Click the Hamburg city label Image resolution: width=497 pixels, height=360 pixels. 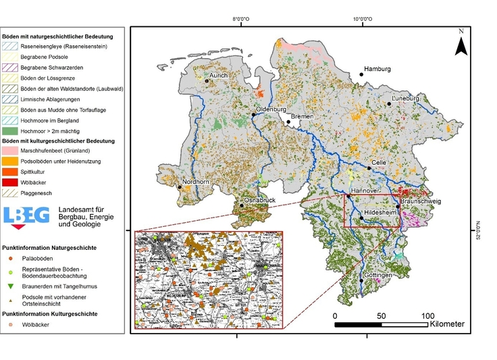coord(377,70)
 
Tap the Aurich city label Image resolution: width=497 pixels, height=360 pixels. coord(218,75)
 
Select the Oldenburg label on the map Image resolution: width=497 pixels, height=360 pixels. coord(271,109)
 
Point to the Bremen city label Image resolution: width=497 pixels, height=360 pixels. coord(302,117)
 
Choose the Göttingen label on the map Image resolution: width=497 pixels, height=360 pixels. coord(377,276)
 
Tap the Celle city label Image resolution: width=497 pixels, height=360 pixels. coord(380,162)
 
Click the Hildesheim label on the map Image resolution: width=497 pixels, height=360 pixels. coord(380,211)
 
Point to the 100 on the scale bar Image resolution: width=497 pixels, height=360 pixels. coord(427,316)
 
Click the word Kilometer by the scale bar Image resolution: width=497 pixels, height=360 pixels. coord(447,324)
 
